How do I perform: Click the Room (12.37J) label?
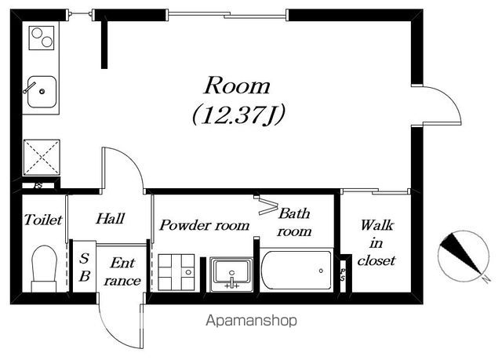pyautogui.click(x=238, y=100)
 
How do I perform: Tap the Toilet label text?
pyautogui.click(x=43, y=220)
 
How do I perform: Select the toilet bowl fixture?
pyautogui.click(x=44, y=268)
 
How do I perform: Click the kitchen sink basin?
pyautogui.click(x=42, y=92)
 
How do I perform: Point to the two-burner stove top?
pyautogui.click(x=42, y=38)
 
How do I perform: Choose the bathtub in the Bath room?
pyautogui.click(x=296, y=271)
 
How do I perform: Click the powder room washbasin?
pyautogui.click(x=231, y=272)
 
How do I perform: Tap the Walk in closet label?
pyautogui.click(x=376, y=243)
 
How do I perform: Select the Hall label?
pyautogui.click(x=110, y=219)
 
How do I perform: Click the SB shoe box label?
pyautogui.click(x=84, y=267)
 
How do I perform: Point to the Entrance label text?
pyautogui.click(x=122, y=271)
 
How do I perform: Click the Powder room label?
pyautogui.click(x=204, y=225)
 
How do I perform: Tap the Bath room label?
pyautogui.click(x=294, y=222)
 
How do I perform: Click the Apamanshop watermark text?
pyautogui.click(x=251, y=320)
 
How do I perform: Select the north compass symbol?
pyautogui.click(x=464, y=256)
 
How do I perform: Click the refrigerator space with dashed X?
pyautogui.click(x=42, y=158)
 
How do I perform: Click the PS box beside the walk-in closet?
pyautogui.click(x=343, y=275)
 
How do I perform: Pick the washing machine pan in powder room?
pyautogui.click(x=176, y=272)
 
